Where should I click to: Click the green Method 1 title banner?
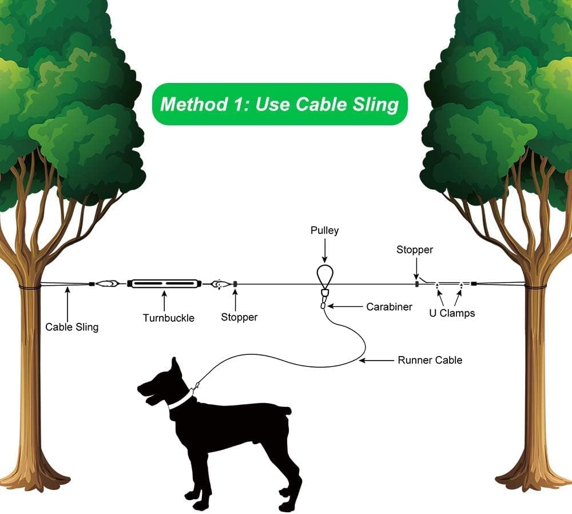click(279, 104)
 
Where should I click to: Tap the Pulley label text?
click(324, 230)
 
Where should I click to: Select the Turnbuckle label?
click(168, 318)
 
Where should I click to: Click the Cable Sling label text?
click(72, 327)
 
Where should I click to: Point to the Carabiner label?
click(389, 307)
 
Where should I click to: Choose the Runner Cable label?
click(430, 360)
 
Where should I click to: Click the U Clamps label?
click(452, 313)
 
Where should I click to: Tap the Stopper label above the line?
click(415, 250)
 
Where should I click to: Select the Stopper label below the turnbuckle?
click(239, 317)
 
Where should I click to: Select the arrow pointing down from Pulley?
click(324, 250)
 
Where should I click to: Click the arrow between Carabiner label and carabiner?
click(343, 307)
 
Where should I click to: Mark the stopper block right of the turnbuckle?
click(235, 283)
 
